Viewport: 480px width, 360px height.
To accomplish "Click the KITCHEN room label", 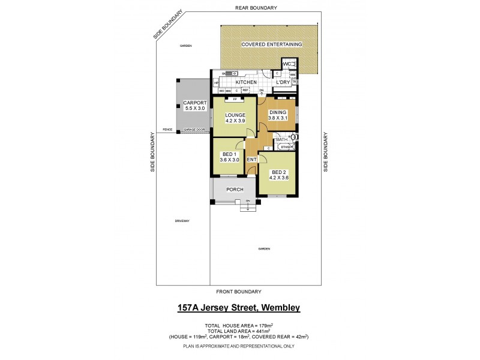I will point(246,82).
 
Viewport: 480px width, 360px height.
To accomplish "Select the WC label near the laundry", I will point(287,64).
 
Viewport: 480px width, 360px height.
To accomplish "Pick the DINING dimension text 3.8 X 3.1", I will point(278,118).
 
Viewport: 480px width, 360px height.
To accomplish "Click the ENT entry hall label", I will point(252,160).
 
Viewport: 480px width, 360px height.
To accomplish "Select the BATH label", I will point(282,140).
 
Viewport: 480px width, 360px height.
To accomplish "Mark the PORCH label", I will point(235,190).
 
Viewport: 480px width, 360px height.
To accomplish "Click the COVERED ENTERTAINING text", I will point(271,44).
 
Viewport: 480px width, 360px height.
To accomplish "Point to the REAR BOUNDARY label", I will point(256,8).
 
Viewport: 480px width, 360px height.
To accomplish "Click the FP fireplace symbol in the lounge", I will point(235,98).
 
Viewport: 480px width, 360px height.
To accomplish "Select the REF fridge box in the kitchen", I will point(245,90).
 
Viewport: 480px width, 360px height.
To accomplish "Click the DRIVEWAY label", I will point(182,221).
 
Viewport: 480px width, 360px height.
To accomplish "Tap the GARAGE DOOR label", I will point(194,130).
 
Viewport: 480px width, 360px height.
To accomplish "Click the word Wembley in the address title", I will point(277,308).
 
